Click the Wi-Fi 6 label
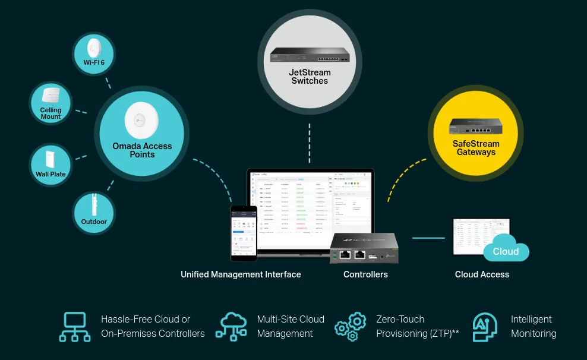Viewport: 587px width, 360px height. click(94, 62)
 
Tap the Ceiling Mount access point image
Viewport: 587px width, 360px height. click(51, 96)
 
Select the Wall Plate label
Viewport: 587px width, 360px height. click(51, 174)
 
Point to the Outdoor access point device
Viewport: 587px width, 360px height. click(94, 206)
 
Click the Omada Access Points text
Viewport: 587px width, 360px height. click(142, 150)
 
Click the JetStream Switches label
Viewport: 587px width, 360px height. click(310, 77)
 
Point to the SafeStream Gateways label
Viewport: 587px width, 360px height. click(476, 148)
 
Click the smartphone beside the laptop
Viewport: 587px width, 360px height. click(244, 233)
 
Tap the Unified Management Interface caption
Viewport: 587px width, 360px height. click(241, 274)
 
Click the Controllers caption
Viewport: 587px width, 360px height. click(365, 274)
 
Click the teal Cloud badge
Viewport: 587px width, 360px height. click(506, 251)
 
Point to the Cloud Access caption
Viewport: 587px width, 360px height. click(482, 274)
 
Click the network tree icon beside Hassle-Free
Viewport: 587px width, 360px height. click(75, 327)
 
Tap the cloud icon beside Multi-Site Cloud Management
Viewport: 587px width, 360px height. click(232, 327)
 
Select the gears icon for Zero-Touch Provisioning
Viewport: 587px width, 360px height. click(350, 327)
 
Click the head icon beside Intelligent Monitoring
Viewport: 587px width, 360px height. click(485, 327)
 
